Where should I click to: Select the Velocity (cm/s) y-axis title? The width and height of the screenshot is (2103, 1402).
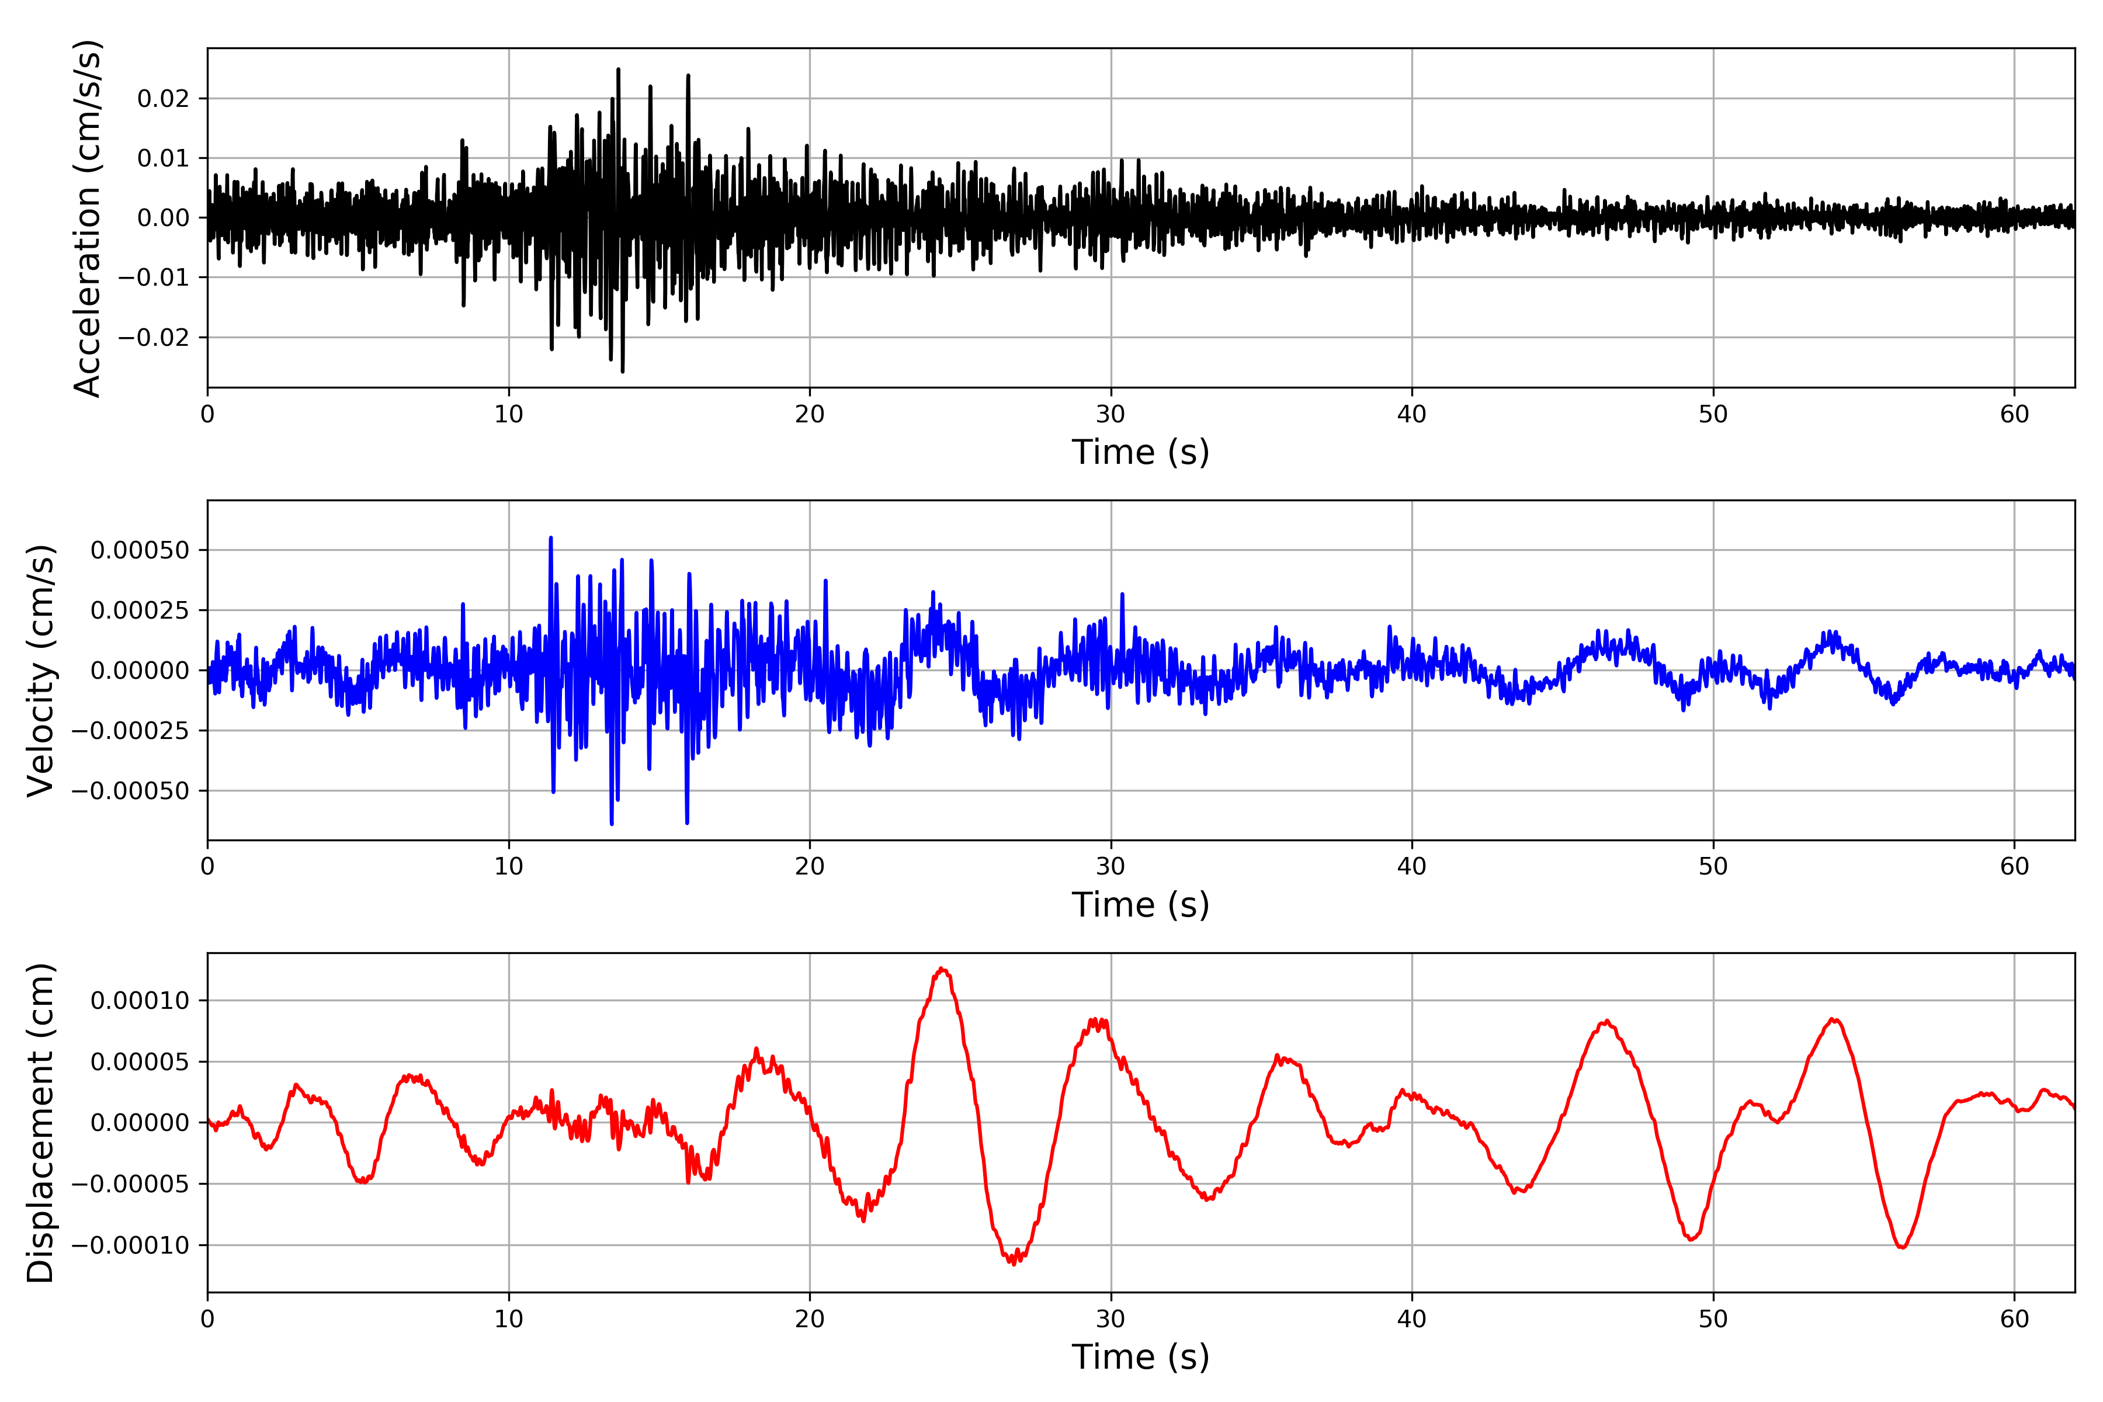point(41,669)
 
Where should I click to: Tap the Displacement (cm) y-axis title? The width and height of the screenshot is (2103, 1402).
point(41,1122)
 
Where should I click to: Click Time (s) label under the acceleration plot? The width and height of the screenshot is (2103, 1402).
point(1140,452)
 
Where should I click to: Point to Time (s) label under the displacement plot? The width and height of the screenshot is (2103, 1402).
point(1140,1357)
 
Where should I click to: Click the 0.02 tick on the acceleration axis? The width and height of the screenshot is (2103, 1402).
point(164,98)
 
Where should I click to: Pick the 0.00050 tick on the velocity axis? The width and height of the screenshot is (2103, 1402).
point(140,550)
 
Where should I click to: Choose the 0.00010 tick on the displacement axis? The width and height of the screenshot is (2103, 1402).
point(140,1001)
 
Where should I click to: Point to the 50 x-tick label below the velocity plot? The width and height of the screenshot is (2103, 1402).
point(1713,866)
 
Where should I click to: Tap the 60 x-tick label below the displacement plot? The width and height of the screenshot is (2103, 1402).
point(2014,1319)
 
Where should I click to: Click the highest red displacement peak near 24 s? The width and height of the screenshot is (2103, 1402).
point(942,969)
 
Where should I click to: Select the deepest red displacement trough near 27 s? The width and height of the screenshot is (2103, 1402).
point(1013,1262)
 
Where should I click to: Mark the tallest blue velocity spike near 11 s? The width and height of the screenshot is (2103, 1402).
point(551,538)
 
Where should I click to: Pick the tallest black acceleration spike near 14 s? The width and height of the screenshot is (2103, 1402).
point(618,70)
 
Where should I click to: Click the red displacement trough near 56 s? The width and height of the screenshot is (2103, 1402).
point(1902,1247)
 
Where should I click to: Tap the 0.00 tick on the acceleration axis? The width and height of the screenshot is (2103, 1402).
point(164,218)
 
